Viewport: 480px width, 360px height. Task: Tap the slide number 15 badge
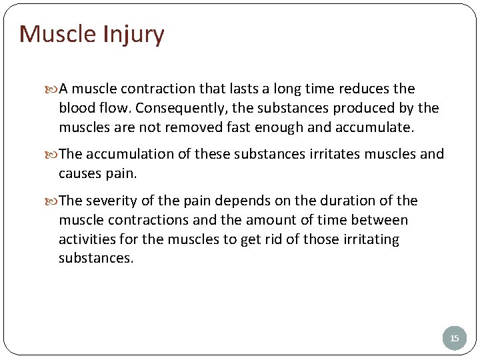[454, 339]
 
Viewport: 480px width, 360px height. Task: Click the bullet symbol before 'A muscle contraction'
[53, 89]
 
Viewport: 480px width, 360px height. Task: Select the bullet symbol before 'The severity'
[53, 201]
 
